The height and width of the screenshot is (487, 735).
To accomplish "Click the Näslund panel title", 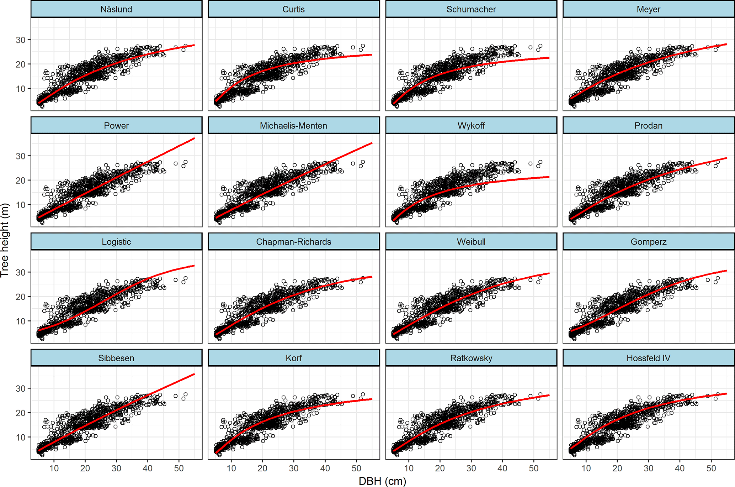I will tap(116, 9).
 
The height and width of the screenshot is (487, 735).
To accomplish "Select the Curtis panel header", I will tap(293, 9).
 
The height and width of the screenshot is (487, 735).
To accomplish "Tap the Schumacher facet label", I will tap(471, 9).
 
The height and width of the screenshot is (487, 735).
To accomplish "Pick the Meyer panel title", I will tap(648, 9).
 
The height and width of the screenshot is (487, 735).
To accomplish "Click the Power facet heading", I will tap(116, 126).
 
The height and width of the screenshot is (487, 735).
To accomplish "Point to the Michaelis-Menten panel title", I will tap(293, 126).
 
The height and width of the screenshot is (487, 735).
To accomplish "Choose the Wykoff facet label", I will tap(471, 126).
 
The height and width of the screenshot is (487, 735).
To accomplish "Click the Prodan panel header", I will tap(648, 126).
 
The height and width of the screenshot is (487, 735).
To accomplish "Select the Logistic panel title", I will tap(116, 242).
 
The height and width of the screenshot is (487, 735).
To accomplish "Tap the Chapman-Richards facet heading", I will tap(293, 242).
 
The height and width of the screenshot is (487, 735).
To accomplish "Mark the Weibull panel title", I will tap(471, 242).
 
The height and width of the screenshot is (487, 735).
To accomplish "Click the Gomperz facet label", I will tap(648, 242).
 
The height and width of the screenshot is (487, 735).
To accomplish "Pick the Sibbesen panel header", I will tap(116, 358).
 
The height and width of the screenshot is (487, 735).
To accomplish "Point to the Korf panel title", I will tap(293, 358).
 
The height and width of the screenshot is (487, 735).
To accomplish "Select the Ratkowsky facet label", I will tap(471, 358).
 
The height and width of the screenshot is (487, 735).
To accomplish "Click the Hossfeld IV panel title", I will tap(648, 358).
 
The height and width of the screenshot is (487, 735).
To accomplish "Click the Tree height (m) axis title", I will tap(5, 240).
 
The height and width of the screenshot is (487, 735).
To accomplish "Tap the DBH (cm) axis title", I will tap(382, 481).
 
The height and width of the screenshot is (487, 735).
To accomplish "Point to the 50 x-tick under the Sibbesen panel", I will tap(179, 468).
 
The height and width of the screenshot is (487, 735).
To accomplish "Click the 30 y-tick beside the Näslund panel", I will tap(21, 40).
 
